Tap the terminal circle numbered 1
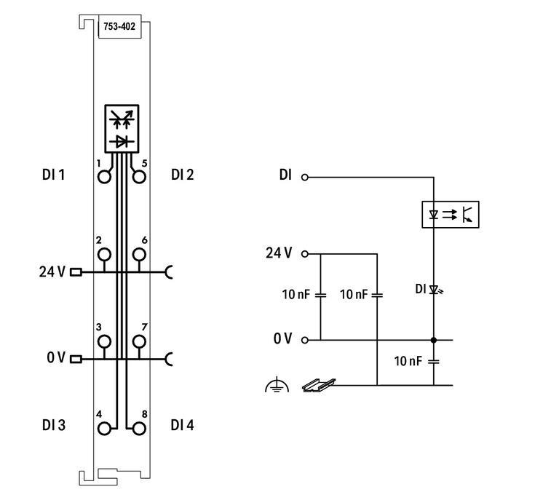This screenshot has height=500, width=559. point(106,176)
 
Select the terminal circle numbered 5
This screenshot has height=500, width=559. point(138,176)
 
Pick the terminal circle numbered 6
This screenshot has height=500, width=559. point(138,254)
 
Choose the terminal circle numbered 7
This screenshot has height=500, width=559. point(138,341)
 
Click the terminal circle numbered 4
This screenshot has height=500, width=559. point(106,428)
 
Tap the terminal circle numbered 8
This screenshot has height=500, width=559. point(138,428)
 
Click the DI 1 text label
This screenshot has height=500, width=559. point(53,175)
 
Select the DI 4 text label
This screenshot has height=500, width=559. point(182,425)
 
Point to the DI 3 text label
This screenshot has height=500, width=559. point(53,425)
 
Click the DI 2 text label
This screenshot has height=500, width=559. point(182,175)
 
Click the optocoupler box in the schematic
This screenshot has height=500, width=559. point(451,215)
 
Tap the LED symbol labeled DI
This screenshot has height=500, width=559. point(435,290)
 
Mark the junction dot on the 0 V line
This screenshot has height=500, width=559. point(434,340)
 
